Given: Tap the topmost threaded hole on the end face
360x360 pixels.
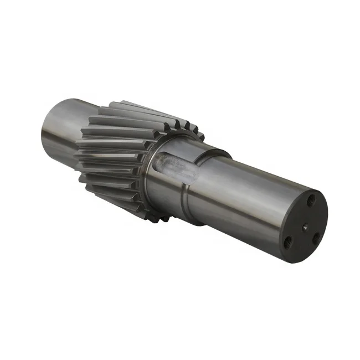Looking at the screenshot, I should pos(311,198).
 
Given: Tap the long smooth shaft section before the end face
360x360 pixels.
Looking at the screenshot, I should pos(249,194).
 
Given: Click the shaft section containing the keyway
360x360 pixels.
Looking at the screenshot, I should pos(177,183).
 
